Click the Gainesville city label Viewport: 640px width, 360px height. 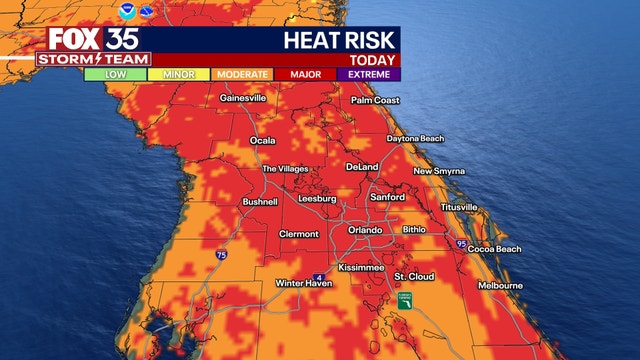242,99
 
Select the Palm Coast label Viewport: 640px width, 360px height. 375,100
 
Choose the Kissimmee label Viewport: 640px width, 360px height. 362,268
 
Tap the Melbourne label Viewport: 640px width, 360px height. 499,285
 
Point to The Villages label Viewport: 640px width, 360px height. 285,169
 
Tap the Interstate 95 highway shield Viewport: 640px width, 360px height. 461,243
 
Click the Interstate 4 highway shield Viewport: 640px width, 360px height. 320,276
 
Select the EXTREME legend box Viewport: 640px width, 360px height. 369,73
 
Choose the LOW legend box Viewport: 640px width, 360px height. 115,73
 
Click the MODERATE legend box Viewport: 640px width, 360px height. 242,73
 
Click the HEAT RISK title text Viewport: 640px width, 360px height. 341,40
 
